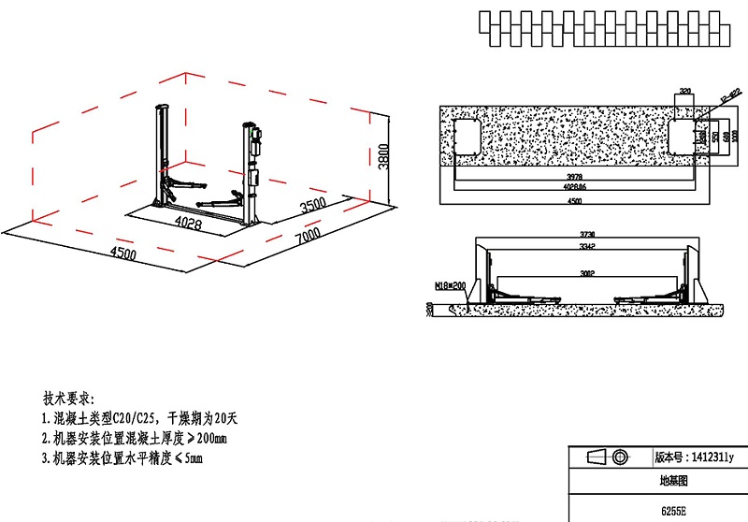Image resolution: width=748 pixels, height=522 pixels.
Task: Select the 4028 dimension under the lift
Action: coord(189,223)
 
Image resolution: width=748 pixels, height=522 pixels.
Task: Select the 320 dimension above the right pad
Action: coord(684,92)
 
